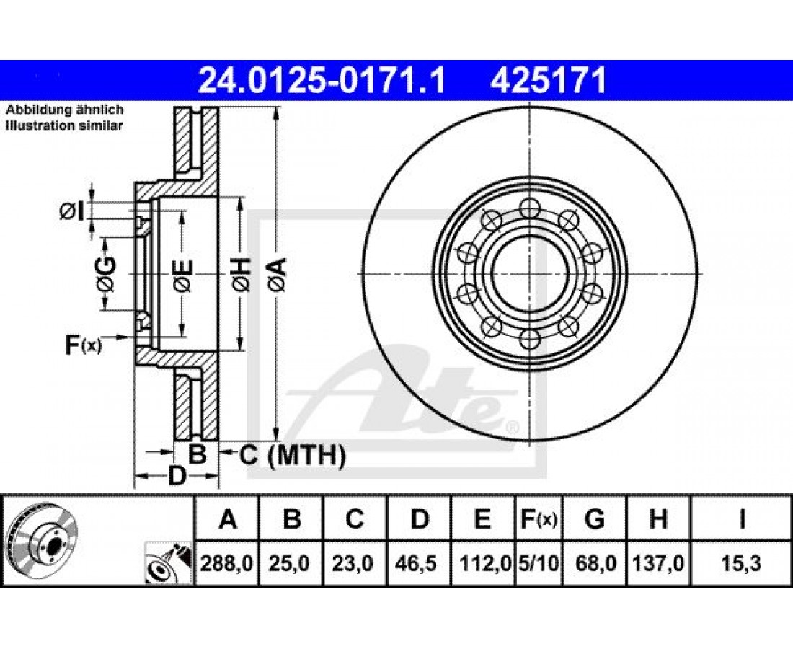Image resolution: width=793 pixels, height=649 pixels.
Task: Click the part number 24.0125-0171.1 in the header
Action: click(322, 81)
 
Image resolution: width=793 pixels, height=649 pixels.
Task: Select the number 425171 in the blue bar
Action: click(548, 81)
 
